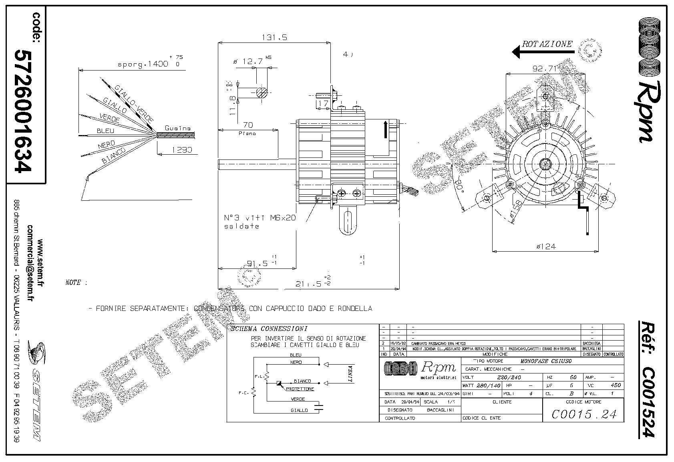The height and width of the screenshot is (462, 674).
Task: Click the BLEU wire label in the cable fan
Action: pos(105,131)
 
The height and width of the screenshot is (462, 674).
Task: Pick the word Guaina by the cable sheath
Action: pos(178,128)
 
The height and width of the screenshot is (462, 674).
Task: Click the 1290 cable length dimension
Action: pos(182,150)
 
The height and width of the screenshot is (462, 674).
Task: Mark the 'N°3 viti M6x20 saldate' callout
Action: pos(260,222)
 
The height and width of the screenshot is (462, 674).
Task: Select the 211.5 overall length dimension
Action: pos(309,284)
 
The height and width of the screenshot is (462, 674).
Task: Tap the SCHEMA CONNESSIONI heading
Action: pos(269,329)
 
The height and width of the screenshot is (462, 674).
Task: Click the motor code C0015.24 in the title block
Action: pos(583,414)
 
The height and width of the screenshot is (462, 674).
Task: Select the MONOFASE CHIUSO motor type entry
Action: pos(545,361)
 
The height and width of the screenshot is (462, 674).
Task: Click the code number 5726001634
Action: pos(23,111)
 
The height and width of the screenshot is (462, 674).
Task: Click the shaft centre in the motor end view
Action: pos(545,163)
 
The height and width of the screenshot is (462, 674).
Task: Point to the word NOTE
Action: pos(73,282)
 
